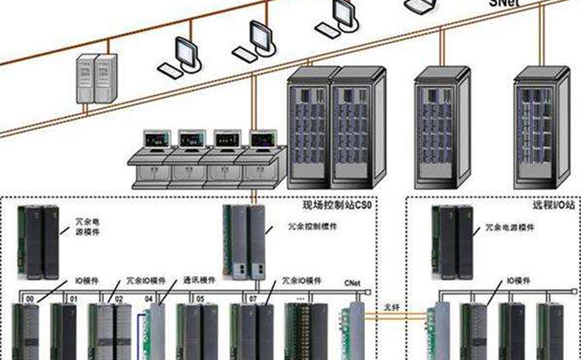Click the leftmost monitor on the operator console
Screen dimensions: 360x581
pyautogui.click(x=153, y=140)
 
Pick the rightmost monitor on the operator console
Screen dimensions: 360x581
pyautogui.click(x=261, y=140)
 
